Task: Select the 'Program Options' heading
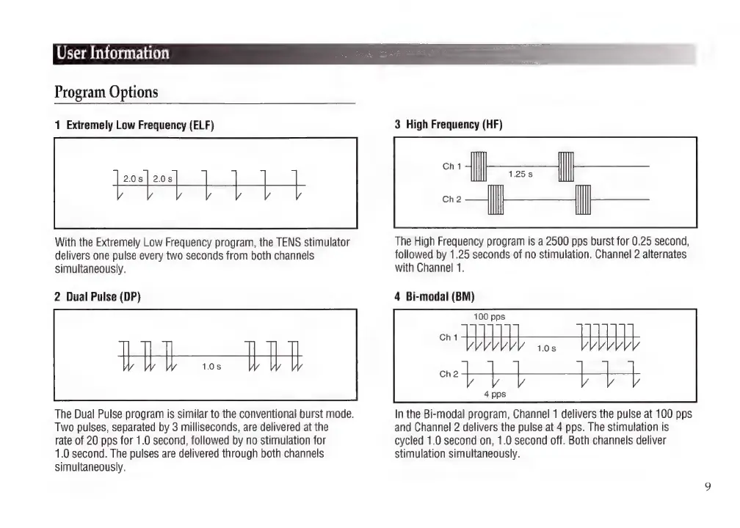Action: point(106,92)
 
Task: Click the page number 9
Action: point(707,486)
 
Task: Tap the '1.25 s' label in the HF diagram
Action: point(520,175)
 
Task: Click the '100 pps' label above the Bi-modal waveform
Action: point(489,317)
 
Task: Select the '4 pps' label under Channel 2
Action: point(494,394)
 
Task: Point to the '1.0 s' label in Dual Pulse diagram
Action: point(212,366)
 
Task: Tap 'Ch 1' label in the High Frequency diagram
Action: point(452,166)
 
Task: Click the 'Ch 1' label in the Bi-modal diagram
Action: point(449,338)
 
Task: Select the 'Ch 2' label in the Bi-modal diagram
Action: point(449,374)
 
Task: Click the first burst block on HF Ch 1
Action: point(478,166)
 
